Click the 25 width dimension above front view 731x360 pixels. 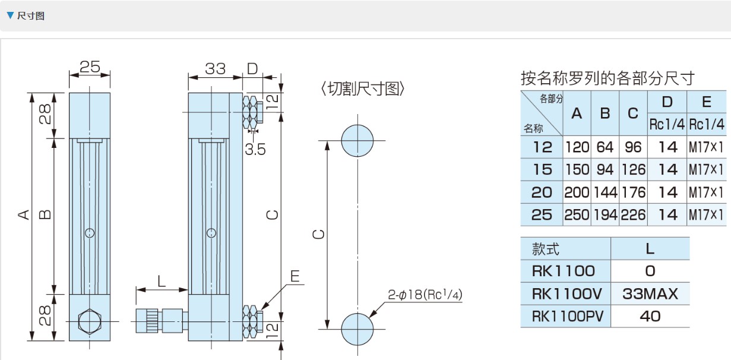click(90, 67)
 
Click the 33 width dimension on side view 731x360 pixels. click(215, 69)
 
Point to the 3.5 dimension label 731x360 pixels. click(255, 149)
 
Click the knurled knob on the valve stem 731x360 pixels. click(148, 321)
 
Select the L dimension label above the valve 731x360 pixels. click(162, 280)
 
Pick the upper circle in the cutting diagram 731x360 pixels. click(357, 141)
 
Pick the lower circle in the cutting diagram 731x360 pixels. click(357, 329)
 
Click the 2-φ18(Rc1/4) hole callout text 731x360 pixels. click(425, 295)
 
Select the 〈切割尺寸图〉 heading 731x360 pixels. click(363, 89)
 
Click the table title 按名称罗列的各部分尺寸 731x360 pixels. click(607, 78)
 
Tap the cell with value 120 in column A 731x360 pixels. click(577, 147)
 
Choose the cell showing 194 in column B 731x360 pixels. click(605, 214)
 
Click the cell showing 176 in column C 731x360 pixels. click(633, 192)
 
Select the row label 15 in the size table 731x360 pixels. click(542, 169)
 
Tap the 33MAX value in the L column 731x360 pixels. click(650, 293)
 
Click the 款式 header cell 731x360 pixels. click(546, 248)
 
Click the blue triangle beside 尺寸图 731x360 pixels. click(10, 15)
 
